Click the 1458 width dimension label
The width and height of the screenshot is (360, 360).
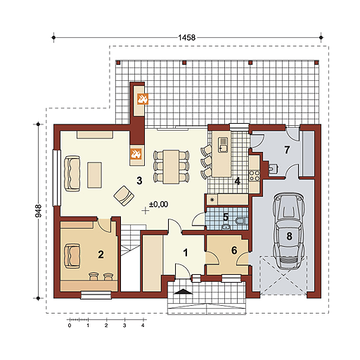(x=186, y=37)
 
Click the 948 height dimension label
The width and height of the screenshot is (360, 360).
(x=39, y=211)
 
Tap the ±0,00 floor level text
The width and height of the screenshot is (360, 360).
(x=158, y=205)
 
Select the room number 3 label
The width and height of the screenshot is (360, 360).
(x=139, y=181)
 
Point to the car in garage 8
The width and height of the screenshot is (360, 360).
(x=289, y=231)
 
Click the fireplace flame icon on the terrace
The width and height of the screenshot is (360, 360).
(x=143, y=98)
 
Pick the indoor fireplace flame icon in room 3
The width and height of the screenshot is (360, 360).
(x=136, y=154)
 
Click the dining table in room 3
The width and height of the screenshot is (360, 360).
(x=171, y=167)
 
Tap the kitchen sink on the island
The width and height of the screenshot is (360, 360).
(x=223, y=145)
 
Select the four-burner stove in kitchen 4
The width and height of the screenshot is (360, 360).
(x=255, y=176)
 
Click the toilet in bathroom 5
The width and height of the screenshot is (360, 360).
(x=240, y=221)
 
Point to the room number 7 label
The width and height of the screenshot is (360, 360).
(x=287, y=150)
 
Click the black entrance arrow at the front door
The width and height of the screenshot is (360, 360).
(x=184, y=291)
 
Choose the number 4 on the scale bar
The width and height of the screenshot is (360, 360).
(x=143, y=326)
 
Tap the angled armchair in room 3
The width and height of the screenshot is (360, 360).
(x=124, y=195)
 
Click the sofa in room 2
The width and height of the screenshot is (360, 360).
(x=72, y=256)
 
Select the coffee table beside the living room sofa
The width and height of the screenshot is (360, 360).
(x=94, y=175)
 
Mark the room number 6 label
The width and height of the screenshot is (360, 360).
(x=234, y=250)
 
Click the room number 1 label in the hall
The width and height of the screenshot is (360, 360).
(x=186, y=253)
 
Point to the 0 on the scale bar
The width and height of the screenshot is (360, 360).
(x=70, y=326)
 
